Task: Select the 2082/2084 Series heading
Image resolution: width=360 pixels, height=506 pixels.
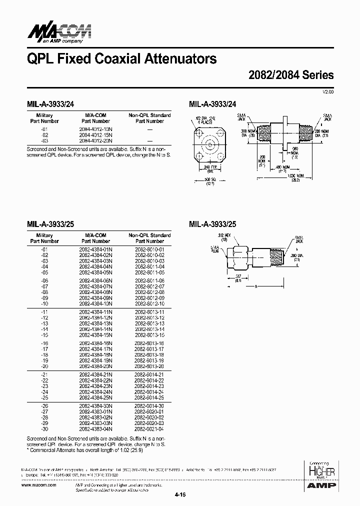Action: point(291,75)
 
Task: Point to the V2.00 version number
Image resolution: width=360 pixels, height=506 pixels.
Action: point(328,92)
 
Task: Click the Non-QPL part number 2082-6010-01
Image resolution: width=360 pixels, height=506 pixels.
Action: point(149,248)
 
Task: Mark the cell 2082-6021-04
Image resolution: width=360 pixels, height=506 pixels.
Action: point(149,429)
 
